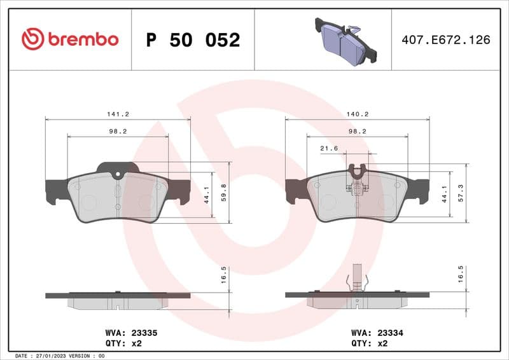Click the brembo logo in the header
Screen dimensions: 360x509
(x=70, y=39)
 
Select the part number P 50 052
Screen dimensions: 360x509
(x=193, y=40)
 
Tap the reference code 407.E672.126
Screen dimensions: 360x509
(x=445, y=39)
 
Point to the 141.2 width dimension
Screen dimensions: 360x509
(x=118, y=114)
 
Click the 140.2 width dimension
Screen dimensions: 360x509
(x=357, y=114)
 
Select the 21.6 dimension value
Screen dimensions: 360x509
(x=328, y=148)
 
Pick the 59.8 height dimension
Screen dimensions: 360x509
(x=223, y=193)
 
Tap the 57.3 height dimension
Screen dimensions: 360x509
(x=461, y=193)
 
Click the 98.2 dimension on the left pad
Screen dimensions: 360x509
(x=118, y=131)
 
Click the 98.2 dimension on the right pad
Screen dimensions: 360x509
(x=357, y=131)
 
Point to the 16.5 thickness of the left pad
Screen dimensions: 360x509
(x=223, y=278)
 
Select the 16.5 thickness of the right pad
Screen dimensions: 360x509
(x=461, y=278)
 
